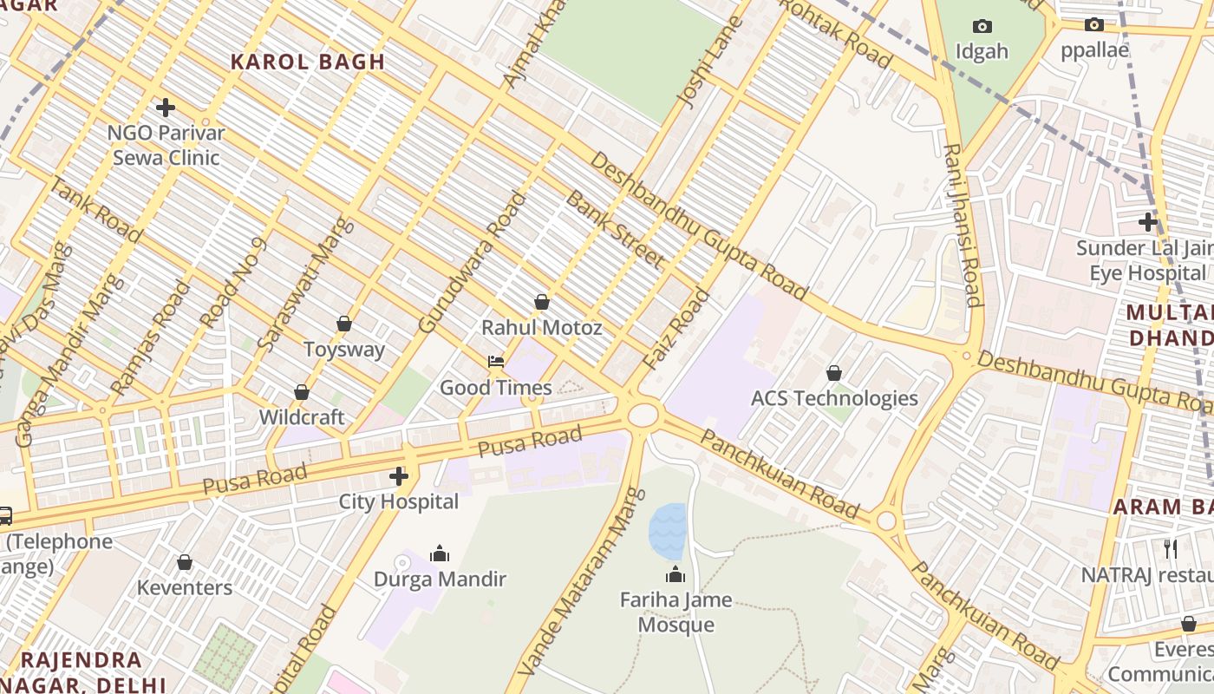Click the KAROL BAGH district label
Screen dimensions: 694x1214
pyautogui.click(x=307, y=62)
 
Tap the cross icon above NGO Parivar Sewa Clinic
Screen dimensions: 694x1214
pyautogui.click(x=166, y=108)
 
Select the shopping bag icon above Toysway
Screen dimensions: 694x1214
pyautogui.click(x=344, y=324)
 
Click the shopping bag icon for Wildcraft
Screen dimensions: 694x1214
pyautogui.click(x=302, y=392)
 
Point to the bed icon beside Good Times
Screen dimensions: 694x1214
pyautogui.click(x=496, y=362)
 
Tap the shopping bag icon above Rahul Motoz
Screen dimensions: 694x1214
pyautogui.click(x=542, y=302)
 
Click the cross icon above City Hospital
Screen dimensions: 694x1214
pyautogui.click(x=399, y=475)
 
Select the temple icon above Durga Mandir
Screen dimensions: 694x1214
pyautogui.click(x=440, y=553)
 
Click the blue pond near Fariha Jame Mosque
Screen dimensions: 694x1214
pyautogui.click(x=668, y=530)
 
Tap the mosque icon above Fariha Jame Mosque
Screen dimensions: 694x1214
pyautogui.click(x=676, y=574)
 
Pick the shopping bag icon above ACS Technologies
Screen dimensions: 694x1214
pyautogui.click(x=833, y=373)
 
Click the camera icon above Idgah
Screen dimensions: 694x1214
pyautogui.click(x=982, y=26)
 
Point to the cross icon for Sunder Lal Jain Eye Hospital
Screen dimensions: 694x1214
pyautogui.click(x=1148, y=222)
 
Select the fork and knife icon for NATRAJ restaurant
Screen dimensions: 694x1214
pyautogui.click(x=1171, y=548)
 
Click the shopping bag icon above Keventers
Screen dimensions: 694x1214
pyautogui.click(x=185, y=563)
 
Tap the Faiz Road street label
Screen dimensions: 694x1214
pyautogui.click(x=676, y=331)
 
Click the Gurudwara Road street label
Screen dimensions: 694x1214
pyautogui.click(x=472, y=262)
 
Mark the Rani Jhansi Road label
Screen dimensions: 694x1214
pyautogui.click(x=963, y=226)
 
